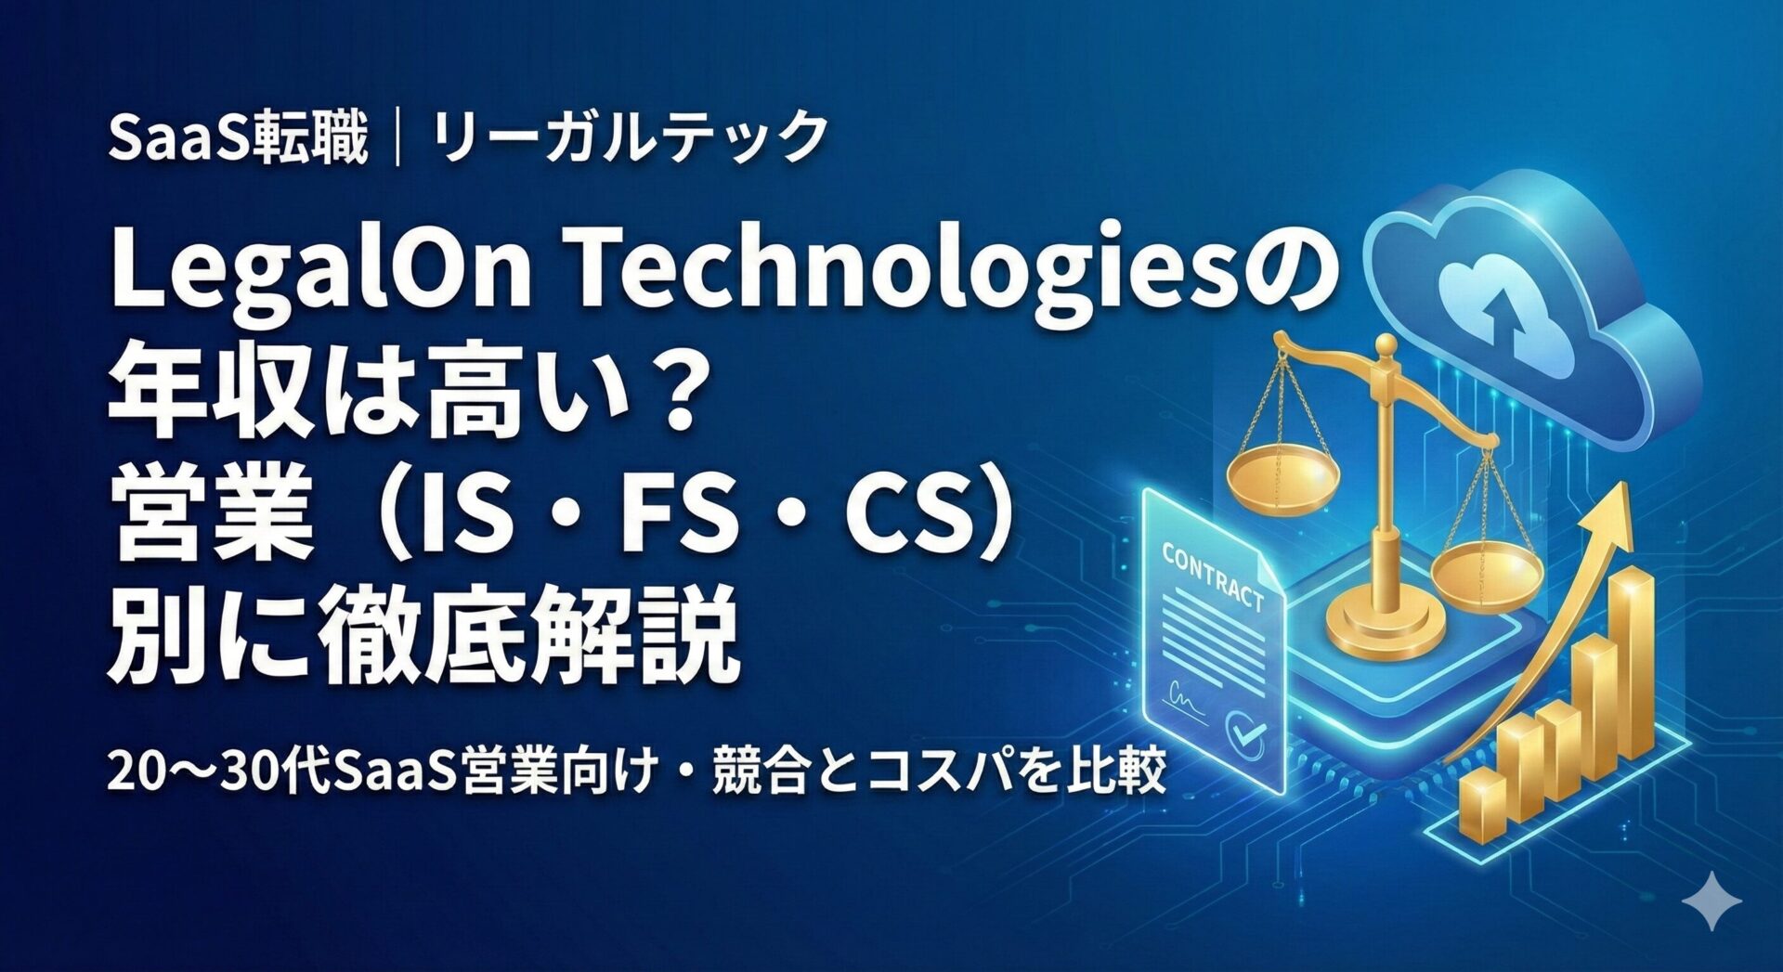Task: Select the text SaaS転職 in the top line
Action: click(238, 137)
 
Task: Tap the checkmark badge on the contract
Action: click(1244, 732)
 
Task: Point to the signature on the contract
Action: click(1187, 695)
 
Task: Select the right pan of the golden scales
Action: click(1486, 575)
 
